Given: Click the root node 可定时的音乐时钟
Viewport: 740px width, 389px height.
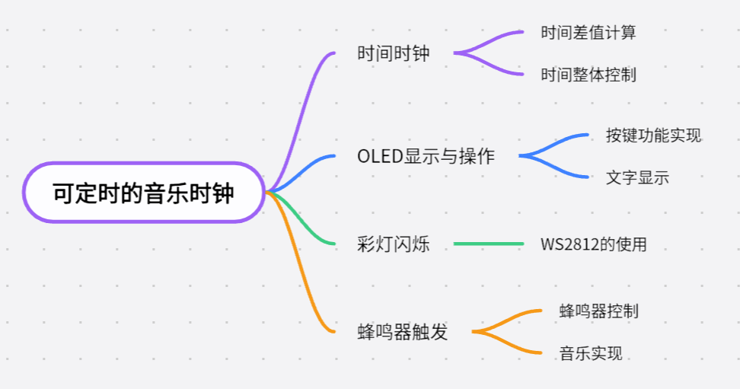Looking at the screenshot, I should tap(143, 193).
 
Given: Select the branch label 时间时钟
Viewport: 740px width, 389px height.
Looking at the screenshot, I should tap(394, 54).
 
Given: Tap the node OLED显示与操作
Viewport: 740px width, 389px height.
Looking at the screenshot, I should tap(426, 157).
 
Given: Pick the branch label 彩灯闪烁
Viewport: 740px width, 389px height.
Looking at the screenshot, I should tap(394, 244).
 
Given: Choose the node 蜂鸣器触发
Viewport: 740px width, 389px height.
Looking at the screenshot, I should tap(403, 332).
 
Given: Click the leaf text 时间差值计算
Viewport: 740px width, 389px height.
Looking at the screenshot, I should tap(588, 33).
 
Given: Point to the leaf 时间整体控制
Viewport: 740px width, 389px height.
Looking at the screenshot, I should tap(588, 75).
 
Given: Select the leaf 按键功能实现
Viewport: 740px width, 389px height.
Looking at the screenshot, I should tap(653, 136).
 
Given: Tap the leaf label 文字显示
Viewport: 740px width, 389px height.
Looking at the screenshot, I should tap(637, 178).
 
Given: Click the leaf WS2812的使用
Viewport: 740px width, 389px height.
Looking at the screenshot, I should tap(594, 244).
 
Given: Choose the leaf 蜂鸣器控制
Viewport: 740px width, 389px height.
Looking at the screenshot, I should tap(598, 311).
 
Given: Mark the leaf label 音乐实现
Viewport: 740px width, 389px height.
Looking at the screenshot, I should tap(591, 353).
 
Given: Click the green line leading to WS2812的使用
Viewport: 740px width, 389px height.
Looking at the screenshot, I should tap(489, 244).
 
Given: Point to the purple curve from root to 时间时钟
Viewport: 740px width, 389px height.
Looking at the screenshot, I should tap(301, 114).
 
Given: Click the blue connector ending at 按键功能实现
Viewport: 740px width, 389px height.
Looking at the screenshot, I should tap(560, 142).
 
